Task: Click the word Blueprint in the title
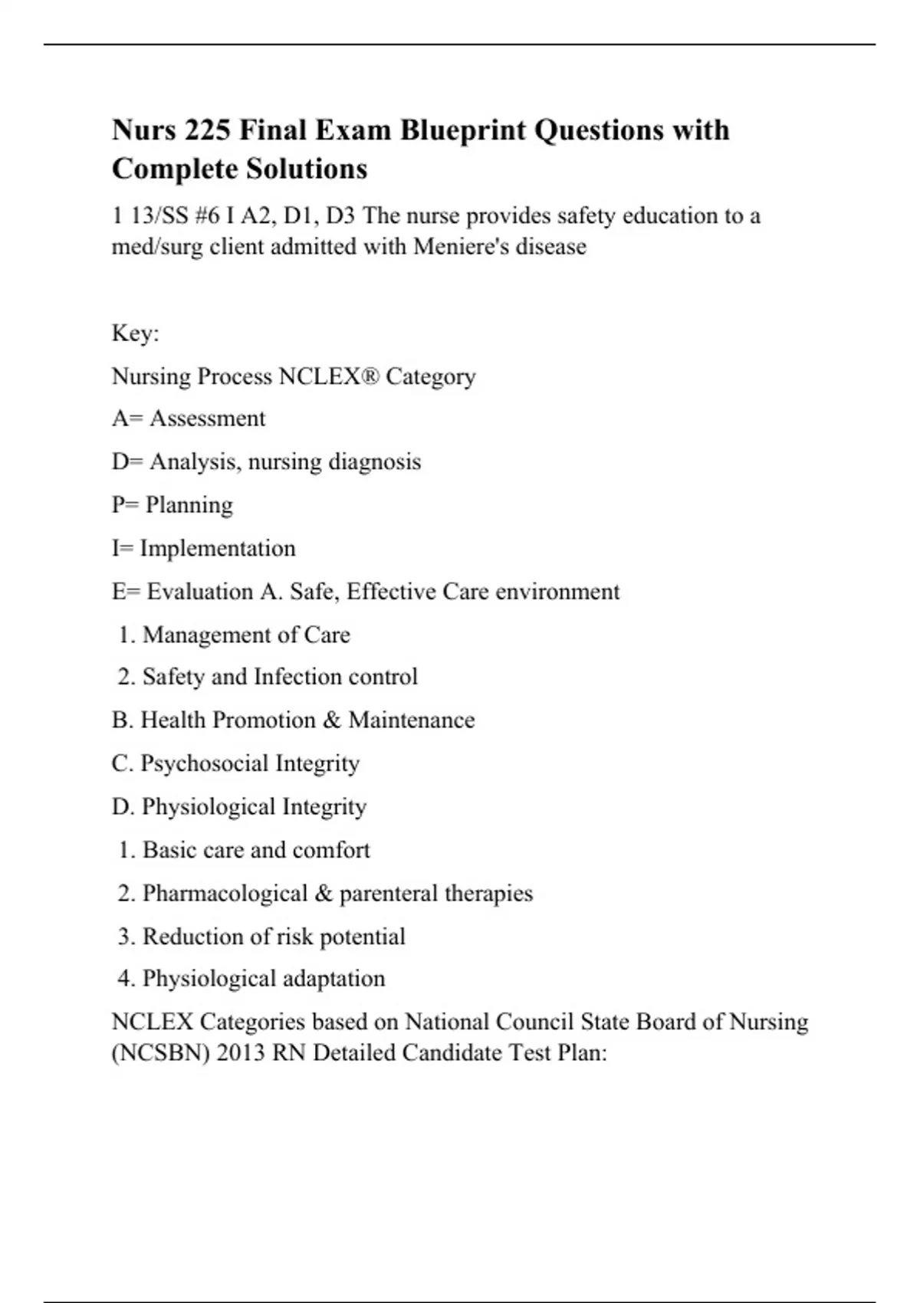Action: pos(463,131)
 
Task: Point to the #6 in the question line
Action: pos(207,216)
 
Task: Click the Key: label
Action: pos(135,333)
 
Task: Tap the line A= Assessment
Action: pos(189,418)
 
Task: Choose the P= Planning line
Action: pos(172,505)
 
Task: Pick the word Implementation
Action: pos(217,549)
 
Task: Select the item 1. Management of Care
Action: pos(235,635)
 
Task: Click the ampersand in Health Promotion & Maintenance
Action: pos(331,720)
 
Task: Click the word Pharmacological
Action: pos(225,894)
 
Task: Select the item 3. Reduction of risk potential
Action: pos(261,937)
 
